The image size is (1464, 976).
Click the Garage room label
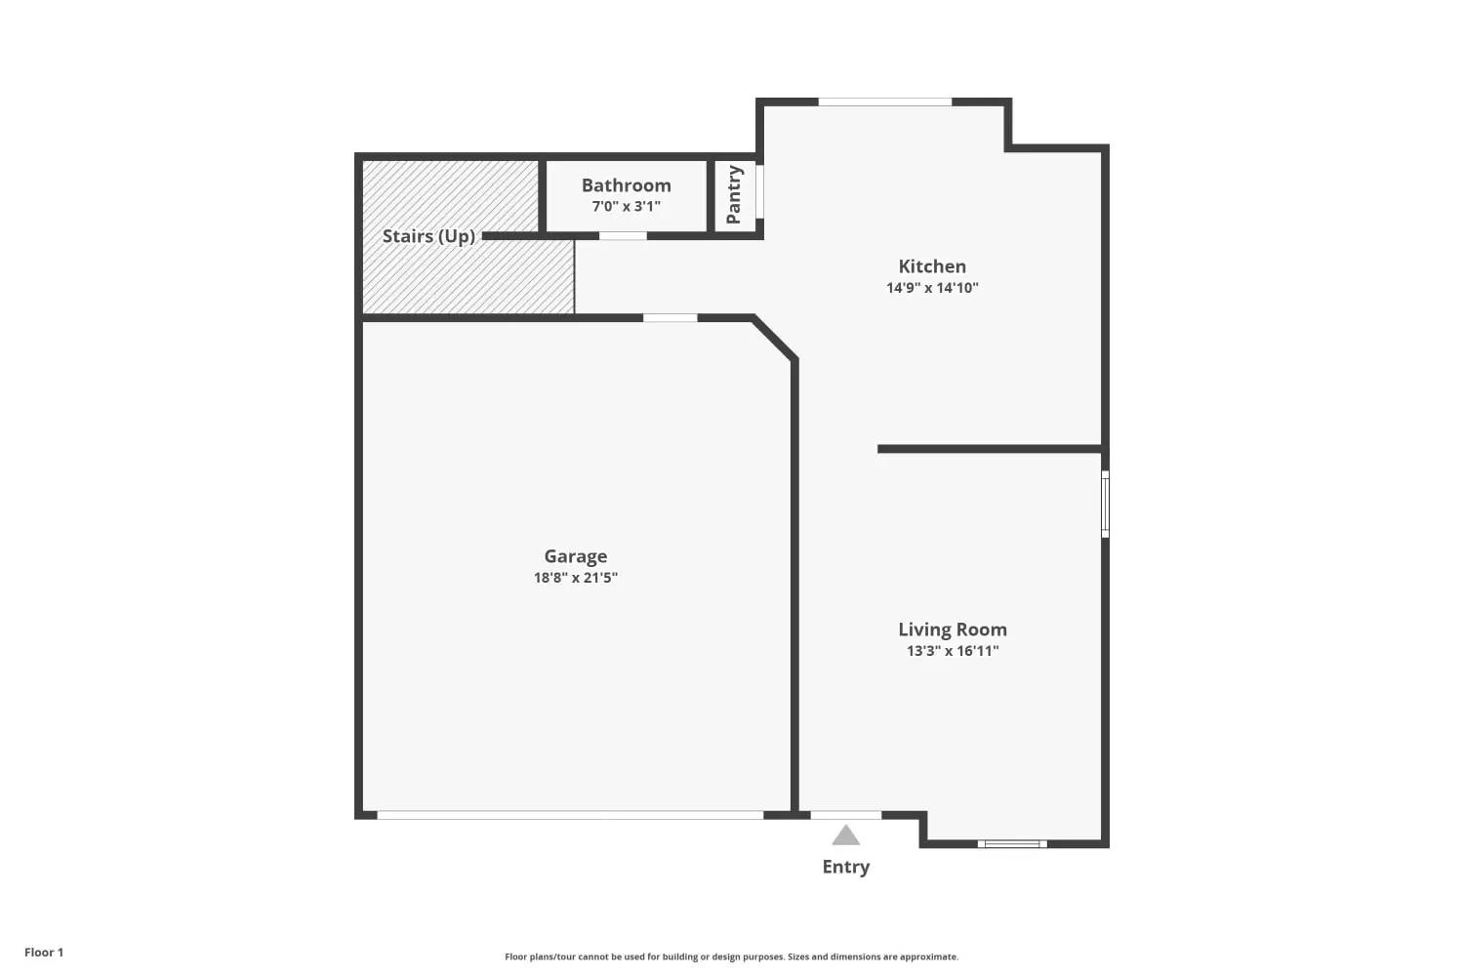(575, 556)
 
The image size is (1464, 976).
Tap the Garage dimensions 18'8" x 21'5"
(575, 578)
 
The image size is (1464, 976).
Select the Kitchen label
(932, 266)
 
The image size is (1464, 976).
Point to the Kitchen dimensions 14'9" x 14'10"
(932, 288)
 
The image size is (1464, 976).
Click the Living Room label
(953, 630)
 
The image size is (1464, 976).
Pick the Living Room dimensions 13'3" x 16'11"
(953, 651)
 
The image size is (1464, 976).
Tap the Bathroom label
(627, 185)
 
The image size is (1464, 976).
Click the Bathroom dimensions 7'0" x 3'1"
(627, 207)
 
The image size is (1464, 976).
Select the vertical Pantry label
(733, 194)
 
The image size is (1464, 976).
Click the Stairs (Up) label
(428, 236)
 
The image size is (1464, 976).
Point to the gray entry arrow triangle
(846, 835)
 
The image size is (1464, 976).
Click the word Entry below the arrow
(846, 867)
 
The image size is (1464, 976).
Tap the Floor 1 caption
(44, 953)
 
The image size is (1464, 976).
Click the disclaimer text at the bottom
(731, 956)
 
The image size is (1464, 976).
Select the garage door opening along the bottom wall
(570, 815)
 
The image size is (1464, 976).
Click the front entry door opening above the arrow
(846, 815)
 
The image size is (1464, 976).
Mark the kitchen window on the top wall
(885, 102)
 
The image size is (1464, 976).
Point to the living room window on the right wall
(1105, 504)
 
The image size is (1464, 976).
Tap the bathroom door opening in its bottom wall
(623, 236)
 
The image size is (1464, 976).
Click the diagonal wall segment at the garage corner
(775, 339)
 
